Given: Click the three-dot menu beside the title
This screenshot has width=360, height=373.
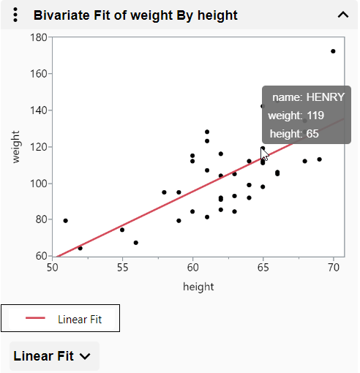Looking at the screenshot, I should [x=16, y=15].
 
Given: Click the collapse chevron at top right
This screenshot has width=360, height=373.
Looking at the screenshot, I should [x=342, y=15].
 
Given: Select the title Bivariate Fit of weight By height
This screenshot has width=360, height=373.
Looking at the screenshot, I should [x=135, y=15].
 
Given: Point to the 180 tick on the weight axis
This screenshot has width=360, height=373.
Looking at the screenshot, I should [x=40, y=37].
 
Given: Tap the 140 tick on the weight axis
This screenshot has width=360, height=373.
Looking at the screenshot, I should [x=40, y=110].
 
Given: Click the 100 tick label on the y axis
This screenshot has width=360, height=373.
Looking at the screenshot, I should [x=40, y=184].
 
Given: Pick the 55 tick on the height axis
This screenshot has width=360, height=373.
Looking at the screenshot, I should [x=122, y=268].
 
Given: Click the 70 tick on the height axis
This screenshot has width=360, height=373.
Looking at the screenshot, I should [x=334, y=268].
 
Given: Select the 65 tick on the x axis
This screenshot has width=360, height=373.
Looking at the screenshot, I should [x=263, y=268].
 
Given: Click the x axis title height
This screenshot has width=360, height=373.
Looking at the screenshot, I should [x=198, y=287].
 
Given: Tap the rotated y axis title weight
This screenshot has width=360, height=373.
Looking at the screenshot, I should [x=16, y=147].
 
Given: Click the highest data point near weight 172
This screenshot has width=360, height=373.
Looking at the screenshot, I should [x=333, y=51].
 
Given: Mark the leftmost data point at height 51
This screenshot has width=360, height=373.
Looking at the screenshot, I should [x=66, y=221].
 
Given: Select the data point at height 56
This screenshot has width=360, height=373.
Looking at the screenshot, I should [x=136, y=243].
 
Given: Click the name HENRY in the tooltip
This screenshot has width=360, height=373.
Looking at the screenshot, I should [x=324, y=97].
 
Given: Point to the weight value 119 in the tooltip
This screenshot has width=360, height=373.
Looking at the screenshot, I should [x=315, y=115].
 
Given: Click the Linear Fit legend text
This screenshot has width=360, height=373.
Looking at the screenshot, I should [x=80, y=319].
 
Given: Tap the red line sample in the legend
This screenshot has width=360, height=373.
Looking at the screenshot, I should [x=36, y=318].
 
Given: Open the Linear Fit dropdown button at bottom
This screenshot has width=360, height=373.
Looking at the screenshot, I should [x=53, y=356].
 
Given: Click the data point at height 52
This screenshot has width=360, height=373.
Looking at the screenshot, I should [x=80, y=249].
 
